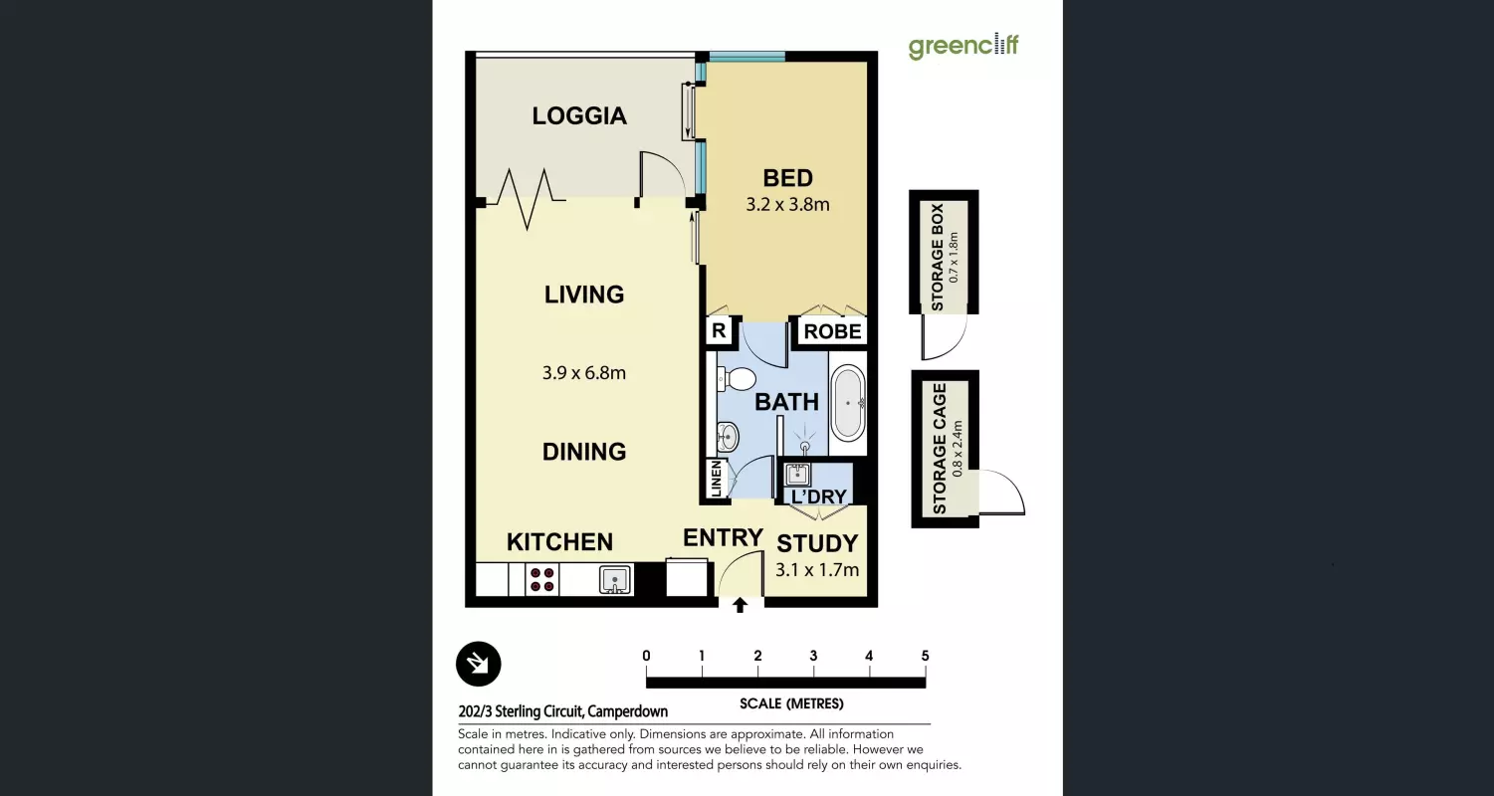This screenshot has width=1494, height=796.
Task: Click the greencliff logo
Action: point(963,46)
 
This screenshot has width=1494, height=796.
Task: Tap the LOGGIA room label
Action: point(579,116)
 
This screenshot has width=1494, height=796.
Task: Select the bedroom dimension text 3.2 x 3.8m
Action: point(787,204)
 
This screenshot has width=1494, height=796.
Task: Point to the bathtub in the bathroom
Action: point(848,403)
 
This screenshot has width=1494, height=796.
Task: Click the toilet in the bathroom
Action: point(736,379)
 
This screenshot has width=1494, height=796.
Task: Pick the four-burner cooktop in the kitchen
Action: point(541,579)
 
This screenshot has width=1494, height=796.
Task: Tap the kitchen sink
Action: point(614,579)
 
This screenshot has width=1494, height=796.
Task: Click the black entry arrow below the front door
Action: point(740,605)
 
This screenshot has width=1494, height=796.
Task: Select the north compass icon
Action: point(478,664)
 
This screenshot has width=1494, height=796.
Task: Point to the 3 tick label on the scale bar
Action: point(813,656)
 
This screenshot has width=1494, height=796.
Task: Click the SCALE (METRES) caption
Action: point(791,703)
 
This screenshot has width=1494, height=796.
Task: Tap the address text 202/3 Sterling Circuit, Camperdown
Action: point(563,711)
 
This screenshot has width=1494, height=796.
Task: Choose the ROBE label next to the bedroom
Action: point(832,331)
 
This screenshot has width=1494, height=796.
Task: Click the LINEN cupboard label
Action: point(717,478)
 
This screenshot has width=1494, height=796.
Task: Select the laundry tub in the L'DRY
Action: point(797,475)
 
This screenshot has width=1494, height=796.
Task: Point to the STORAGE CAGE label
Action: point(939,449)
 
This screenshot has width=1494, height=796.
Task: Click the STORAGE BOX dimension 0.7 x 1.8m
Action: point(954,258)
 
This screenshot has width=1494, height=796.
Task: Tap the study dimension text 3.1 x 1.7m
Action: point(817,570)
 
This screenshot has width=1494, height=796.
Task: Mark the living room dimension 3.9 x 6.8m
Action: point(583,373)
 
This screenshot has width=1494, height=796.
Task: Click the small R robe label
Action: point(719,330)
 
